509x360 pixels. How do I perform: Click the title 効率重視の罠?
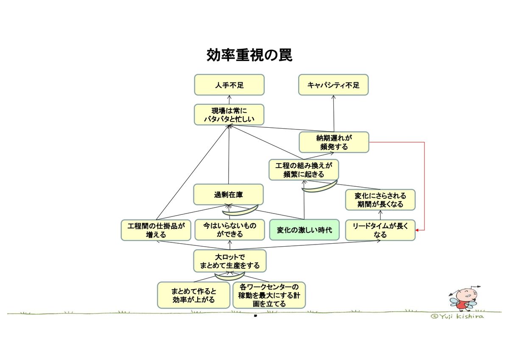point(249,55)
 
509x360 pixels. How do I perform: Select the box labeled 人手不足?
point(229,85)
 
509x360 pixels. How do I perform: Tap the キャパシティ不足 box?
point(333,85)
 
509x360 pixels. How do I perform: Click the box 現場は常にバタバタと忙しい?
point(229,115)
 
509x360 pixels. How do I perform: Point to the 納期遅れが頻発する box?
point(334,142)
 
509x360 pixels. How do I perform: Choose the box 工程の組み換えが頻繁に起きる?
point(304,170)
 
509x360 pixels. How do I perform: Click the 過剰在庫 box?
point(229,195)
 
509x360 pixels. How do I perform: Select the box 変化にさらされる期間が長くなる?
point(380,200)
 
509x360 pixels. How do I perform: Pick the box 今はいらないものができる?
point(229,230)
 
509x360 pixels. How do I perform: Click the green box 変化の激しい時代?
point(304,230)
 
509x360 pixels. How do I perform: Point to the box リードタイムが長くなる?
point(380,230)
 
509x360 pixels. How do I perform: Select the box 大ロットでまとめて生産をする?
point(229,262)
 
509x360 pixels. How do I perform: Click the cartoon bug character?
point(465,298)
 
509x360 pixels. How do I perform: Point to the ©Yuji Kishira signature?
point(457,316)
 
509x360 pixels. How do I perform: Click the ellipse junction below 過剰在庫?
point(241,209)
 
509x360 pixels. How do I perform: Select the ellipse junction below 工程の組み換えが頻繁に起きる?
point(319,186)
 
